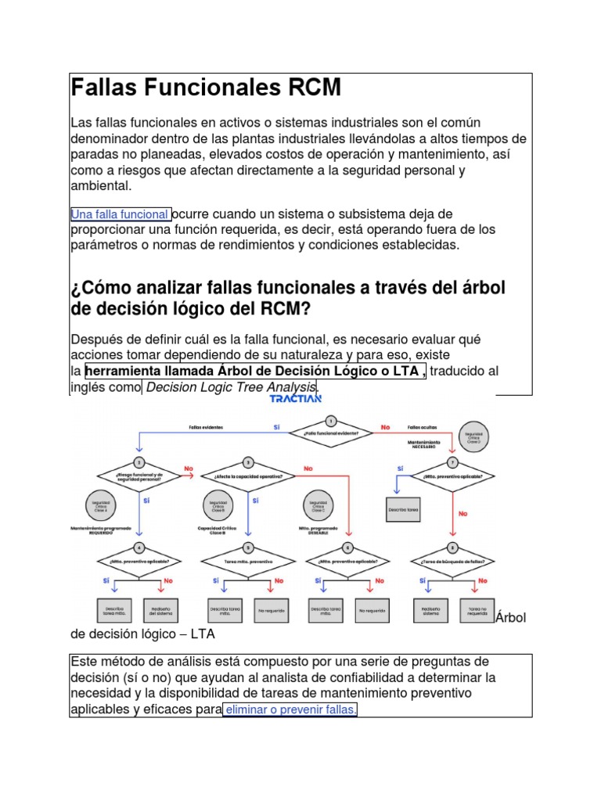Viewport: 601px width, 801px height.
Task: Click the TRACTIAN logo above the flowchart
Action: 295,398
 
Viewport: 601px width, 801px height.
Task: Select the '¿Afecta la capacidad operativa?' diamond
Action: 248,476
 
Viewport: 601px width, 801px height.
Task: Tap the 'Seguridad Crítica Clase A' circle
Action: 100,503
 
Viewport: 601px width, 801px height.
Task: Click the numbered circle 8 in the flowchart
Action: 452,548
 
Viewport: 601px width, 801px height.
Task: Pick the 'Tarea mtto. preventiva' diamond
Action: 248,561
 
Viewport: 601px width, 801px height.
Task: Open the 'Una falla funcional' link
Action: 121,214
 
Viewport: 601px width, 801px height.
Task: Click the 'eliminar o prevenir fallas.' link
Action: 290,709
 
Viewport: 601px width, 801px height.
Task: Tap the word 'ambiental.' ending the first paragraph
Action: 102,187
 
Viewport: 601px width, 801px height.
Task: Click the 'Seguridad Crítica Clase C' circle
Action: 318,503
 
